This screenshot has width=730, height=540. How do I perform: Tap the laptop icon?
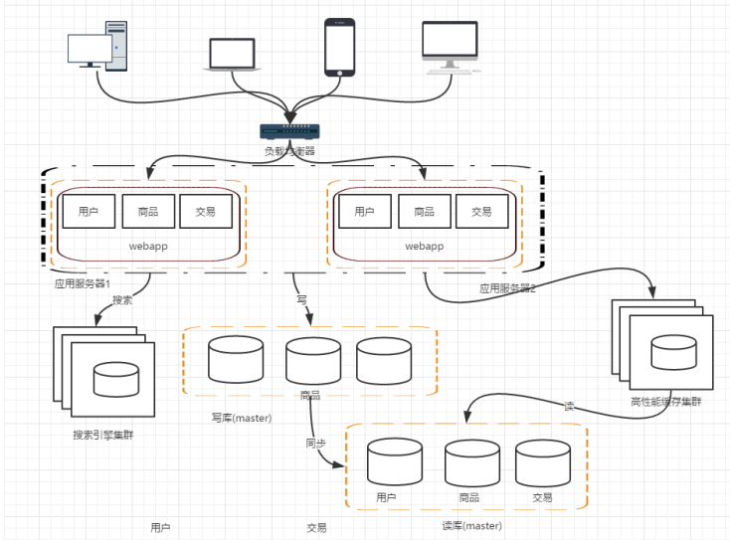point(233,54)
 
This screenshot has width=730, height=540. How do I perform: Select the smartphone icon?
point(339,47)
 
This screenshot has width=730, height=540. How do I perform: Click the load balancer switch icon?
point(288,131)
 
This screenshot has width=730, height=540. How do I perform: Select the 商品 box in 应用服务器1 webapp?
point(147,211)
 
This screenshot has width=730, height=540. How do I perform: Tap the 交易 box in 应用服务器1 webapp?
point(206,211)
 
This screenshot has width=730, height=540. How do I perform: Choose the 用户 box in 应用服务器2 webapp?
point(364,211)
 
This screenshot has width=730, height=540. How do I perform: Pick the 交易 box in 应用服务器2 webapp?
point(481,211)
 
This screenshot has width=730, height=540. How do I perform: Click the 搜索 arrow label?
point(122,299)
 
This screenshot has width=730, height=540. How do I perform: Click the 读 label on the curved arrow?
point(569,406)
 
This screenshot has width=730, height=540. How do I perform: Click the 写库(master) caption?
point(241,418)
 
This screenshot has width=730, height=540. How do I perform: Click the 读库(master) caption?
point(471,525)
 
